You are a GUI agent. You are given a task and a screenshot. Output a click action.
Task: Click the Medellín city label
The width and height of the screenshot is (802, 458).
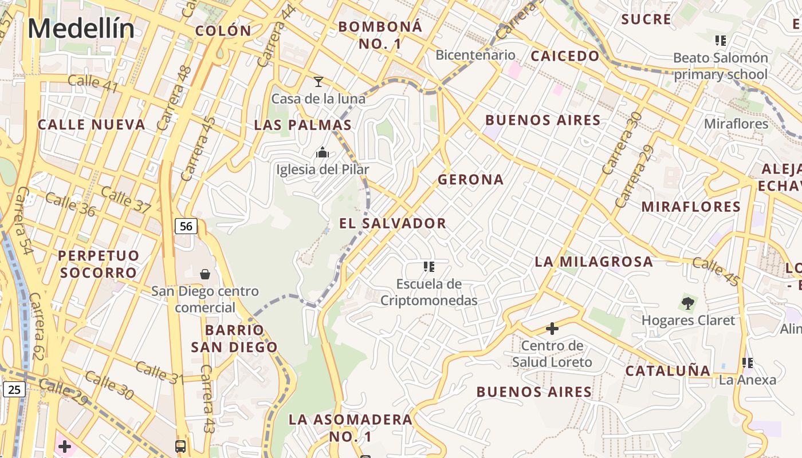pos(81,29)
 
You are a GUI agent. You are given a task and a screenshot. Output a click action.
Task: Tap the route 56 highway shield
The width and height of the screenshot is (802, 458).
pos(186,226)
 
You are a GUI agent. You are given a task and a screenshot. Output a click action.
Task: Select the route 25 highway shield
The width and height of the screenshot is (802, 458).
pos(14,390)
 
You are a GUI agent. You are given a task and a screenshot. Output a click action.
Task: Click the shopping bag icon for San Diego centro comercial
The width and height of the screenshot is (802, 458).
pos(205,274)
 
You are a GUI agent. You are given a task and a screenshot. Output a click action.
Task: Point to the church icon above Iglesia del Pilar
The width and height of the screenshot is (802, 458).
pos(323,153)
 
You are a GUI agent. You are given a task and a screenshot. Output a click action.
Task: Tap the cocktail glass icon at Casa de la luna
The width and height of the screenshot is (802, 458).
pos(319,82)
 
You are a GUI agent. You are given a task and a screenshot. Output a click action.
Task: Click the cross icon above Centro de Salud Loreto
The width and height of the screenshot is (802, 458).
pos(552,329)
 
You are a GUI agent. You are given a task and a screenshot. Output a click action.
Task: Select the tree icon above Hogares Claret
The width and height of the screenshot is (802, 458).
pos(687,303)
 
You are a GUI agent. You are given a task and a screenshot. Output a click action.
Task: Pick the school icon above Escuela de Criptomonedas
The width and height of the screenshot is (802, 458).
pos(429,267)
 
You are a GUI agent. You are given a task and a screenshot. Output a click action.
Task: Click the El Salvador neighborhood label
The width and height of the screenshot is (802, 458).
pos(392,223)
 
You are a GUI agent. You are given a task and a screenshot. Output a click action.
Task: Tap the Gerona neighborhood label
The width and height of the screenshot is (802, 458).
pos(471,180)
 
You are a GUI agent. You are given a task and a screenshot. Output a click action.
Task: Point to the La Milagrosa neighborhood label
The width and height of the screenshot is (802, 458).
pos(593,262)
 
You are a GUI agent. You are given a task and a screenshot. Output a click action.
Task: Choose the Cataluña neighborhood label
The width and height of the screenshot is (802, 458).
pos(668,370)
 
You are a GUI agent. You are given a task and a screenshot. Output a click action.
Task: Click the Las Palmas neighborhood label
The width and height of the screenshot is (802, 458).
pos(302,125)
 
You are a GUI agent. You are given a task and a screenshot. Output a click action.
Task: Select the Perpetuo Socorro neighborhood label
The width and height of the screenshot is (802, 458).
pos(99,263)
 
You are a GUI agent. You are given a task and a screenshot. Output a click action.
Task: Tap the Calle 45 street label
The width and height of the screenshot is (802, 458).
pos(716,271)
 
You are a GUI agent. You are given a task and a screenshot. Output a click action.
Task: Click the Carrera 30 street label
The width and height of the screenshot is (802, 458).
pos(621,143)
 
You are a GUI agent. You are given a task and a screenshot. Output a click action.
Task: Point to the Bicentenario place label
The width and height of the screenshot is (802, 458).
pos(475,55)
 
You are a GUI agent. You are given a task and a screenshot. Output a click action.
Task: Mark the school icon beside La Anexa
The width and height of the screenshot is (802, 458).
pos(748,362)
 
